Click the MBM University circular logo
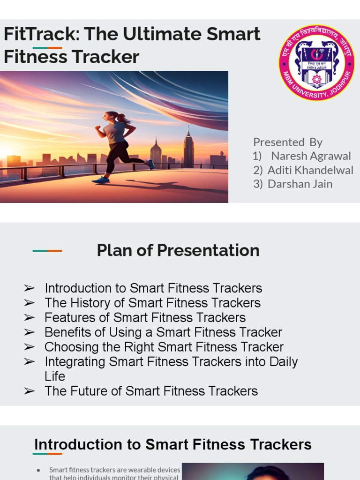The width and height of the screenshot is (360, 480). click(316, 62)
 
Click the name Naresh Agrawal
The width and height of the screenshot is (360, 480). click(311, 156)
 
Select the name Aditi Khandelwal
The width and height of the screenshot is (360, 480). click(310, 170)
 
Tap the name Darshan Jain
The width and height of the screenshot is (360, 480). click(300, 184)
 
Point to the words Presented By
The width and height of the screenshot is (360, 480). click(288, 142)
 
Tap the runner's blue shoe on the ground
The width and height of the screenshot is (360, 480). click(101, 180)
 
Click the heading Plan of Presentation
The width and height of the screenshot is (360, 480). click(178, 250)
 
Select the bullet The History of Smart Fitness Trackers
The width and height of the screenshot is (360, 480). click(152, 303)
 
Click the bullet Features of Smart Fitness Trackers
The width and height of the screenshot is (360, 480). click(145, 317)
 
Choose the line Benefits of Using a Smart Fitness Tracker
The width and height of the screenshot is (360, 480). click(163, 332)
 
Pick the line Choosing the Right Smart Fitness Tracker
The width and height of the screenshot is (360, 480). click(164, 347)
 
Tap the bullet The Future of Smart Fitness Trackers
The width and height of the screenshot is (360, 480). click(151, 391)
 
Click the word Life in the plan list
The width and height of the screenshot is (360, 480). click(55, 376)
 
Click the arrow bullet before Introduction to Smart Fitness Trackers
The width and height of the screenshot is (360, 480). click(29, 288)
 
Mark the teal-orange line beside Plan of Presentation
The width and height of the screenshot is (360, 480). click(47, 251)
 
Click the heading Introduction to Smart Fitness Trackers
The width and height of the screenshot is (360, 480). click(173, 444)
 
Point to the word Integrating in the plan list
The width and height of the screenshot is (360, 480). click(75, 362)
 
